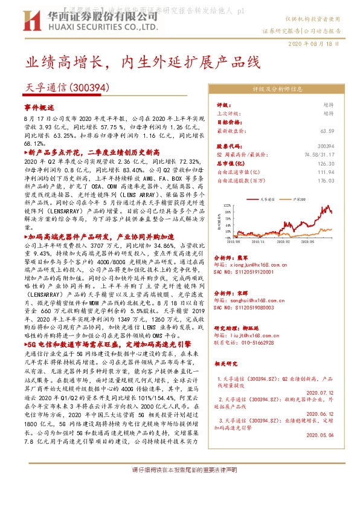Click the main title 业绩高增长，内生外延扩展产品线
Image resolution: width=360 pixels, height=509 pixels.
pos(143,62)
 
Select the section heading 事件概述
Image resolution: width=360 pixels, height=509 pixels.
pos(39,106)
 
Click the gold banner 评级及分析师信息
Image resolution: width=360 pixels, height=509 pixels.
pos(281,88)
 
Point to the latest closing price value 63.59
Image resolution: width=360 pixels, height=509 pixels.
pos(344,131)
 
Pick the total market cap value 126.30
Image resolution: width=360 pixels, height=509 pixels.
pos(342,163)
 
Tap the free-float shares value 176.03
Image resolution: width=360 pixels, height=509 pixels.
pos(342,180)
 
